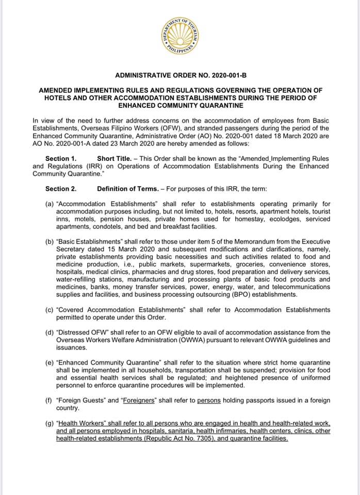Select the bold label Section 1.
(x=61, y=159)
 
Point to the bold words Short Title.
(x=114, y=159)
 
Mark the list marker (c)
(x=50, y=310)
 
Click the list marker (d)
(x=50, y=333)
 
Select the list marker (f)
(x=50, y=401)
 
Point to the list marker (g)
(x=50, y=423)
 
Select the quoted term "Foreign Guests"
(x=79, y=401)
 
